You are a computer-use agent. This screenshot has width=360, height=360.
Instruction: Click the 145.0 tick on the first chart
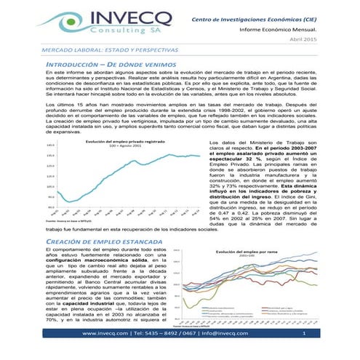(50, 145)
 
